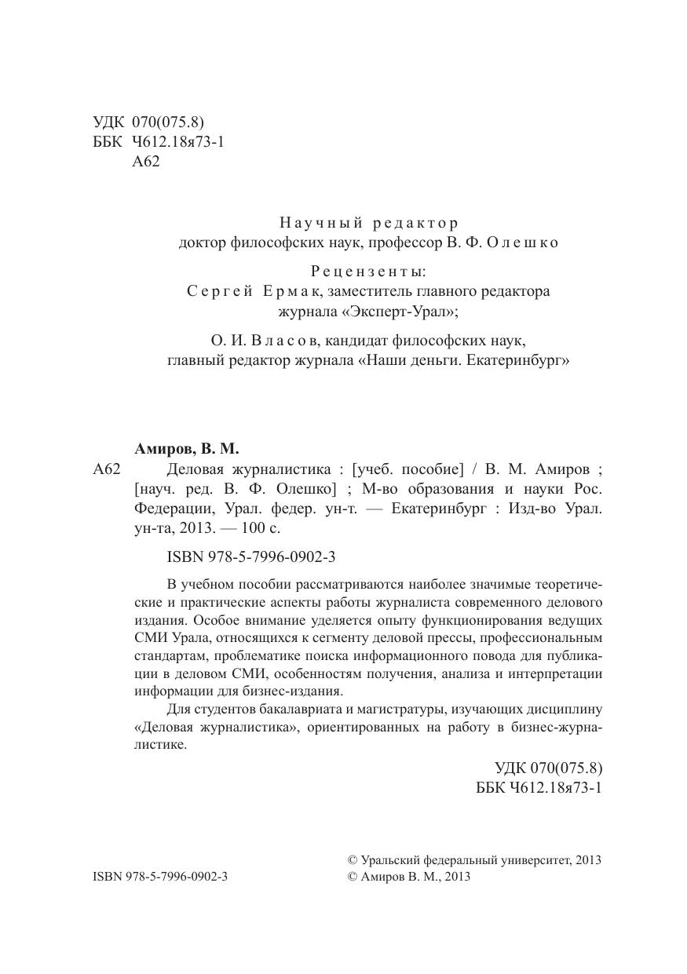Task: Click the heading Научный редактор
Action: [x=369, y=223]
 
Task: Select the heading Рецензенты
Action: [x=368, y=272]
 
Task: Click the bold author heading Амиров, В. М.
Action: [x=187, y=449]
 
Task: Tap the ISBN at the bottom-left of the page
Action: [x=160, y=877]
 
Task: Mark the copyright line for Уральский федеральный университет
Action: [x=474, y=859]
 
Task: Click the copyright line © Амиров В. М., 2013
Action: [x=408, y=877]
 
